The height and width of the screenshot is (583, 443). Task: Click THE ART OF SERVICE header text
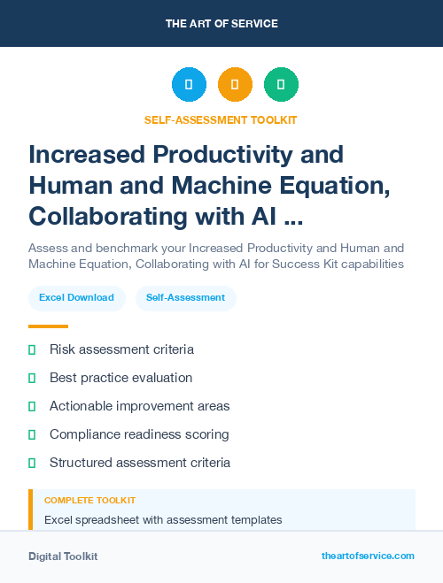click(x=221, y=23)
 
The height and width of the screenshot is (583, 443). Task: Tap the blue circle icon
click(x=189, y=85)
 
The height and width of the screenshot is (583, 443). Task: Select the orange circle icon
click(x=235, y=85)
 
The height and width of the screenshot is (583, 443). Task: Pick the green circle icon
click(x=281, y=85)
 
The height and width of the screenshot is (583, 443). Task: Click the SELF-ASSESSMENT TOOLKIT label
click(x=221, y=119)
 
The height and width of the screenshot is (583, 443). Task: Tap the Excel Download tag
click(x=76, y=297)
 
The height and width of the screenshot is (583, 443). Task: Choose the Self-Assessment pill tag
click(x=186, y=297)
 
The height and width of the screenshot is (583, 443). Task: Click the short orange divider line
click(x=48, y=326)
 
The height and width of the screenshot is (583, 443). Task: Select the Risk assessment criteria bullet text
click(x=121, y=349)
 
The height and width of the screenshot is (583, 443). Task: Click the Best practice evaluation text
click(x=120, y=378)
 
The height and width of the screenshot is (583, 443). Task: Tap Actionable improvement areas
click(x=139, y=406)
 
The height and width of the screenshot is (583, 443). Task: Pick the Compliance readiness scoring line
click(x=139, y=434)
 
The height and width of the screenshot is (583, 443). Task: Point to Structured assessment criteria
click(x=140, y=463)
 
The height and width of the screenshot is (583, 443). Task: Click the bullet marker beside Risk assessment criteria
click(x=32, y=350)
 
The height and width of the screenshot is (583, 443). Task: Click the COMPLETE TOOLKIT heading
click(x=89, y=501)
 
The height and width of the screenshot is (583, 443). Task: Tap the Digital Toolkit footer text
click(x=63, y=556)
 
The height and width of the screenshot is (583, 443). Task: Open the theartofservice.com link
click(x=368, y=556)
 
